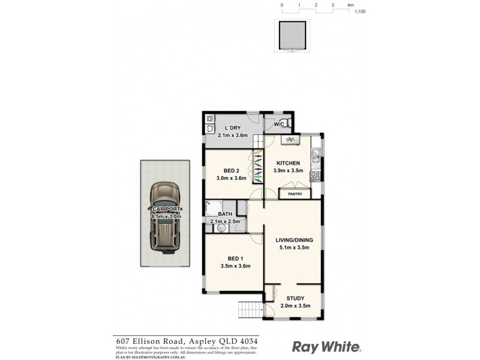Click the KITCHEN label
coord(287,163)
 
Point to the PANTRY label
coord(295,194)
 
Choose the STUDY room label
coord(295,298)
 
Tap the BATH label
coord(225,214)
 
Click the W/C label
coord(278,124)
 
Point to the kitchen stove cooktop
coord(315,176)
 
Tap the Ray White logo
coord(326,347)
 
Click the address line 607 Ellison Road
coord(187,340)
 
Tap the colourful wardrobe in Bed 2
coord(258,167)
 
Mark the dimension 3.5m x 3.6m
coord(235,266)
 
